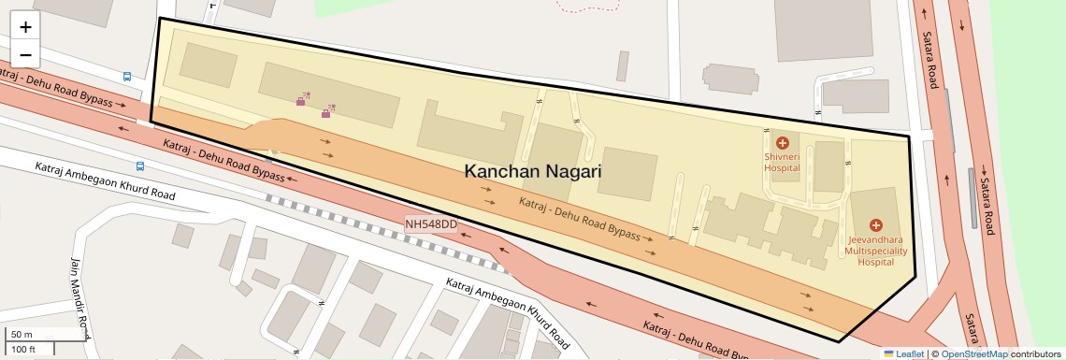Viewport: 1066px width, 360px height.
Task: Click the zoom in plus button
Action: (25, 28)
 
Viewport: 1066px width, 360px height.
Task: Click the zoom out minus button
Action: (25, 53)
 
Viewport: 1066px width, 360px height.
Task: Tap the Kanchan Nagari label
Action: (533, 171)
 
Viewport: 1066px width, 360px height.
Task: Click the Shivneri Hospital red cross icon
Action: (783, 143)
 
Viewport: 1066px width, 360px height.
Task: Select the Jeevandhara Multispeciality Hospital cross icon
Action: (876, 225)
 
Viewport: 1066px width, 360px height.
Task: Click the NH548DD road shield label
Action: (431, 224)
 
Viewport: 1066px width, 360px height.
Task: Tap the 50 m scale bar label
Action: (22, 335)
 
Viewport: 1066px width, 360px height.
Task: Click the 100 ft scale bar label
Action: (24, 349)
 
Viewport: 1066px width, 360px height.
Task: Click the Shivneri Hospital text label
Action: (783, 163)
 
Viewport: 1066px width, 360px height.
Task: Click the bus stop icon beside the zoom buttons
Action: (126, 77)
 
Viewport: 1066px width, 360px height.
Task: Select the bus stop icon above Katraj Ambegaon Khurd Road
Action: (140, 166)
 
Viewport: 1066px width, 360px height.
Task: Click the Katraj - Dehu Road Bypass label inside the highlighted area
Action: (580, 217)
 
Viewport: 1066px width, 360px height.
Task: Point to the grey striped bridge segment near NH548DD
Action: (281, 202)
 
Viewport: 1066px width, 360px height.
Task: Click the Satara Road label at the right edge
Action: (929, 61)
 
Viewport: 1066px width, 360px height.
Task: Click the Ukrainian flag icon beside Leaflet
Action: (888, 353)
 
